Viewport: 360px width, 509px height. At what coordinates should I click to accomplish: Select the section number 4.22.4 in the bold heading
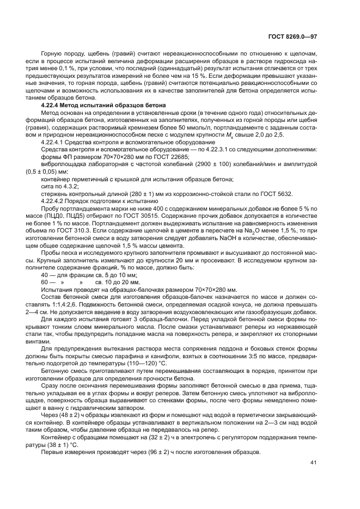pos(52,104)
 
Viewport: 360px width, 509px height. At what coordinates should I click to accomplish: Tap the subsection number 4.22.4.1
pos(56,143)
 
